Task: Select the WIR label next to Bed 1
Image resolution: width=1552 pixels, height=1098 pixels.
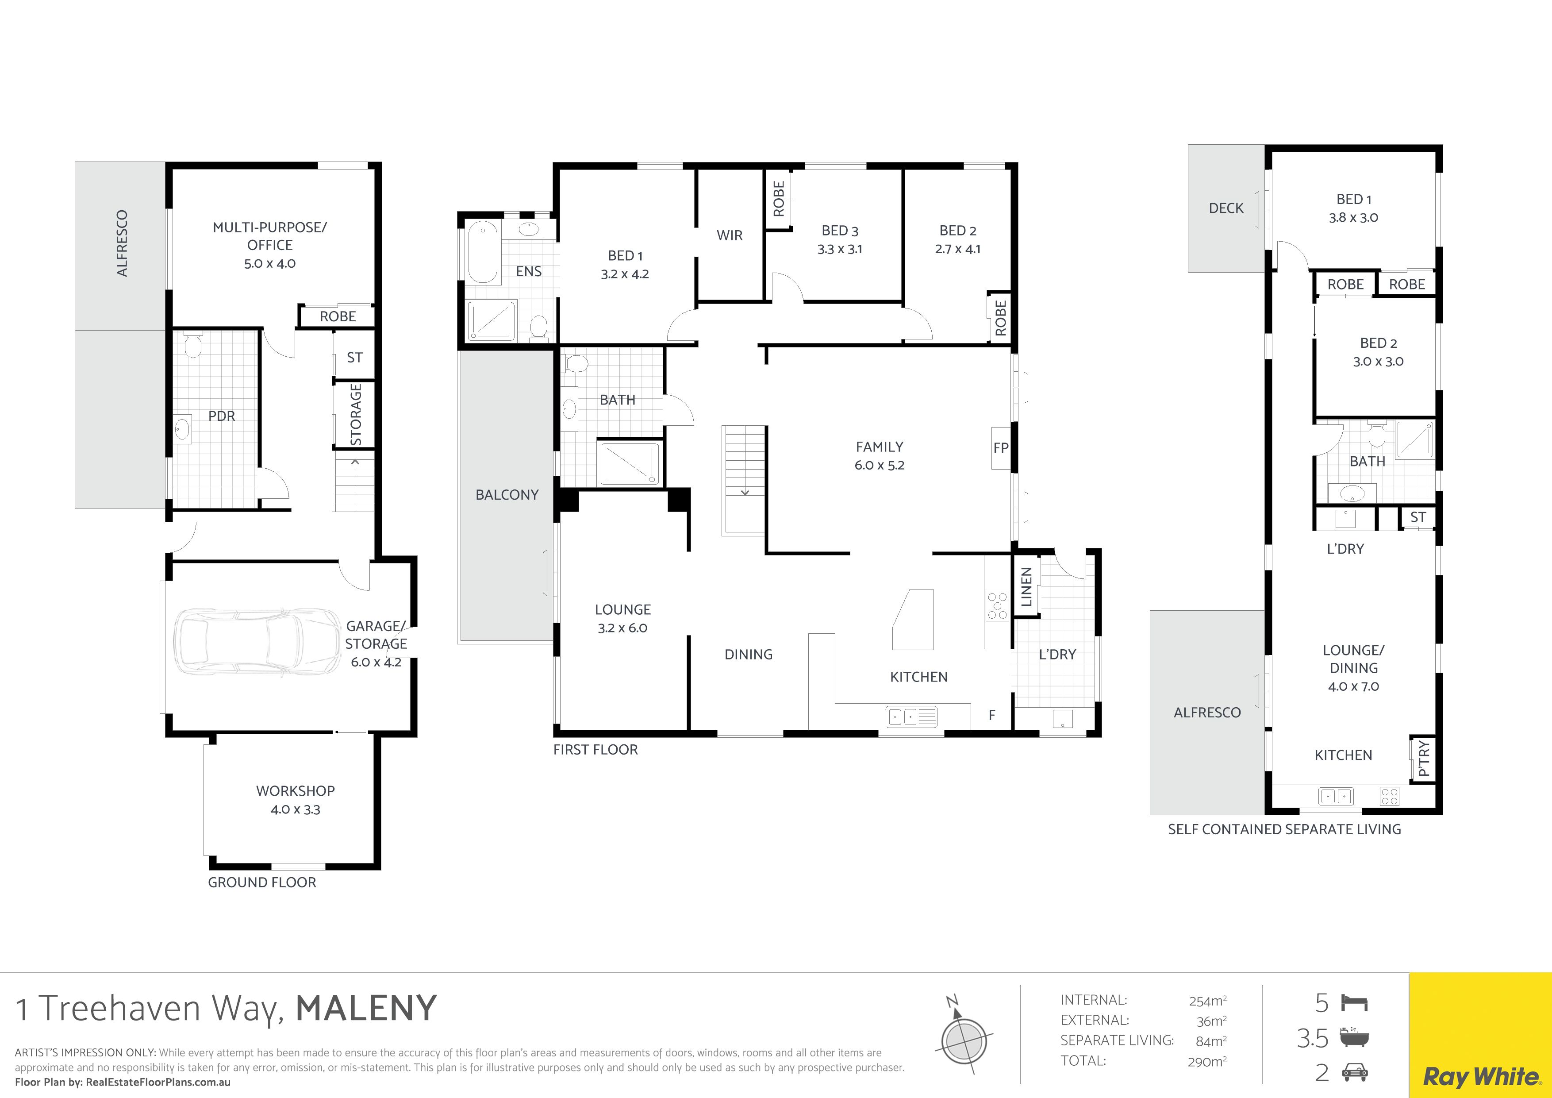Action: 730,235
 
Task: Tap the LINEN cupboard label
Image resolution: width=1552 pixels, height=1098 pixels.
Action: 1026,587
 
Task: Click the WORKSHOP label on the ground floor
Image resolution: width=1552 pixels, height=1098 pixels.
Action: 296,790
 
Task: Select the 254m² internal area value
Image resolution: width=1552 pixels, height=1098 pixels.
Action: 1208,1000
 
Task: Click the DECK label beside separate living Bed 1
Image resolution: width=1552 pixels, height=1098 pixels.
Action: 1226,208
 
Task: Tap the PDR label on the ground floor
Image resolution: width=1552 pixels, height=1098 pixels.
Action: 222,416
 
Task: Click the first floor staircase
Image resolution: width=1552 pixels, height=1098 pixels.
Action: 744,480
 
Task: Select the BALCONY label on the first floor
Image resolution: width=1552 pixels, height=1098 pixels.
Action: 507,495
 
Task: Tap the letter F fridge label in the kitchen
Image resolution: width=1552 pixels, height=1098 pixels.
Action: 991,715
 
